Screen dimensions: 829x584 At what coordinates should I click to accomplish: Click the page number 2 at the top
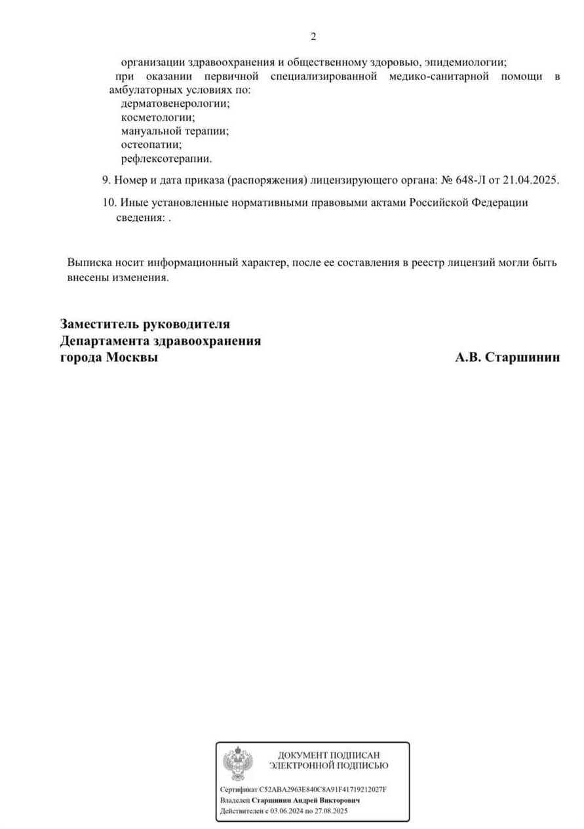click(x=313, y=37)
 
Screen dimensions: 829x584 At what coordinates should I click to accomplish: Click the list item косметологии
click(x=158, y=117)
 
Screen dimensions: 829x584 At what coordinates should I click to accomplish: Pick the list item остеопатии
click(x=151, y=145)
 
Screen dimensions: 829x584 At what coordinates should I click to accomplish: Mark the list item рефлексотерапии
click(x=166, y=159)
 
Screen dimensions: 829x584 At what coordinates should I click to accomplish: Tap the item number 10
click(x=109, y=202)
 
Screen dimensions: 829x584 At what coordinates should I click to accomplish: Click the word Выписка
click(x=89, y=263)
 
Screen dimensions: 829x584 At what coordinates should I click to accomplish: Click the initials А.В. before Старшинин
click(x=468, y=358)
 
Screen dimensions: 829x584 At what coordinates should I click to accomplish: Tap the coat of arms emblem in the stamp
click(x=235, y=763)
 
